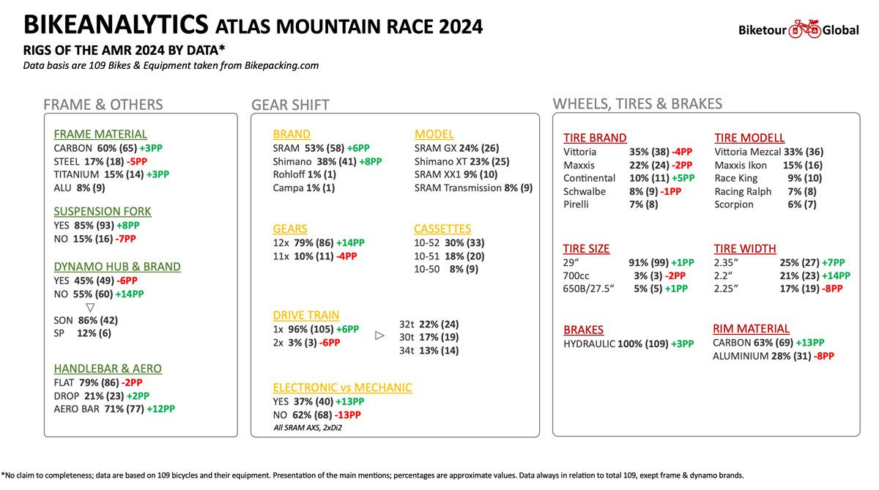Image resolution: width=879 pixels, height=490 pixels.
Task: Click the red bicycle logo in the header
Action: (804, 29)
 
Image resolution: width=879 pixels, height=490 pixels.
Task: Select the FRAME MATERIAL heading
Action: (100, 134)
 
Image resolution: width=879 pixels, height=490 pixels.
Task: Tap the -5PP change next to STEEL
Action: (137, 161)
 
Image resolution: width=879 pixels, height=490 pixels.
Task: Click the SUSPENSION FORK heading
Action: (103, 212)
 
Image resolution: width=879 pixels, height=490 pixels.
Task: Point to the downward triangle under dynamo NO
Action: (90, 307)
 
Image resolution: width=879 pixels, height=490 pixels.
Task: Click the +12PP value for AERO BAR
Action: (161, 409)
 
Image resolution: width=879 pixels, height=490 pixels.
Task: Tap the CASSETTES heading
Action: (442, 229)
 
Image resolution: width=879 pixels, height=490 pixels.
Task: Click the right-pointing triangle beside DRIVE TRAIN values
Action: (379, 335)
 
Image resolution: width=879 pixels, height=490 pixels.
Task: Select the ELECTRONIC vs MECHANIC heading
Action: (343, 387)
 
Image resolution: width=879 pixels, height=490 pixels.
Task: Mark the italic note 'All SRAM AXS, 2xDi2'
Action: (308, 428)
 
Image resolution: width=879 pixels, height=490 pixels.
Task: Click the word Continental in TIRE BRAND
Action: (589, 178)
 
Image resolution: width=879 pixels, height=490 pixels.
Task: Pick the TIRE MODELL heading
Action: (749, 138)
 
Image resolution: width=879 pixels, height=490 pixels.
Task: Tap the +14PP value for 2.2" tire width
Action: (837, 276)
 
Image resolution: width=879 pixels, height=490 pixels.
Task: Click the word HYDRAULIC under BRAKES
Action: (589, 344)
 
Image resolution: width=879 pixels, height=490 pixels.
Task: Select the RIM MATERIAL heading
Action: (751, 329)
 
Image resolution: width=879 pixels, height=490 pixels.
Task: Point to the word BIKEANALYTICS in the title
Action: (116, 24)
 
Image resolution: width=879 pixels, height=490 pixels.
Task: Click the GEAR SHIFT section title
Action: (290, 105)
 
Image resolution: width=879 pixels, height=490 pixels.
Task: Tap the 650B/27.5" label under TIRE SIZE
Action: (588, 289)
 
